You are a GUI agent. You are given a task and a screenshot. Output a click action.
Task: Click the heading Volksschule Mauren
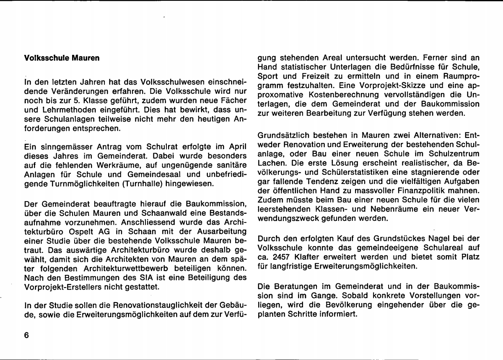click(x=61, y=57)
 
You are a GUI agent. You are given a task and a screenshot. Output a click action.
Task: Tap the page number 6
click(x=26, y=336)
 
